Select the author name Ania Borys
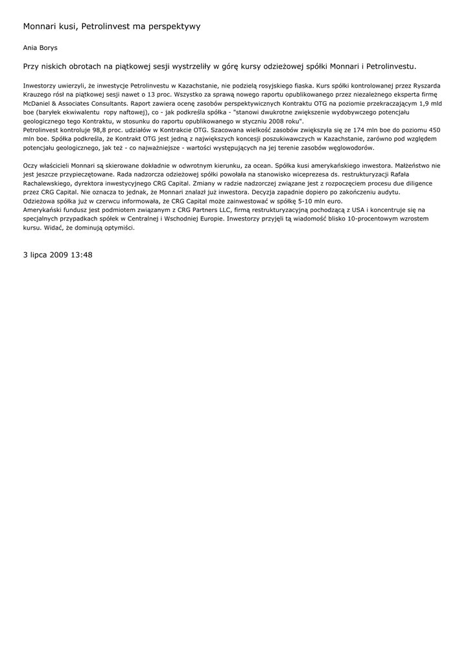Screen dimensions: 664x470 click(x=40, y=47)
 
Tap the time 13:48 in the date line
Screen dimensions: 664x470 click(x=82, y=255)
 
